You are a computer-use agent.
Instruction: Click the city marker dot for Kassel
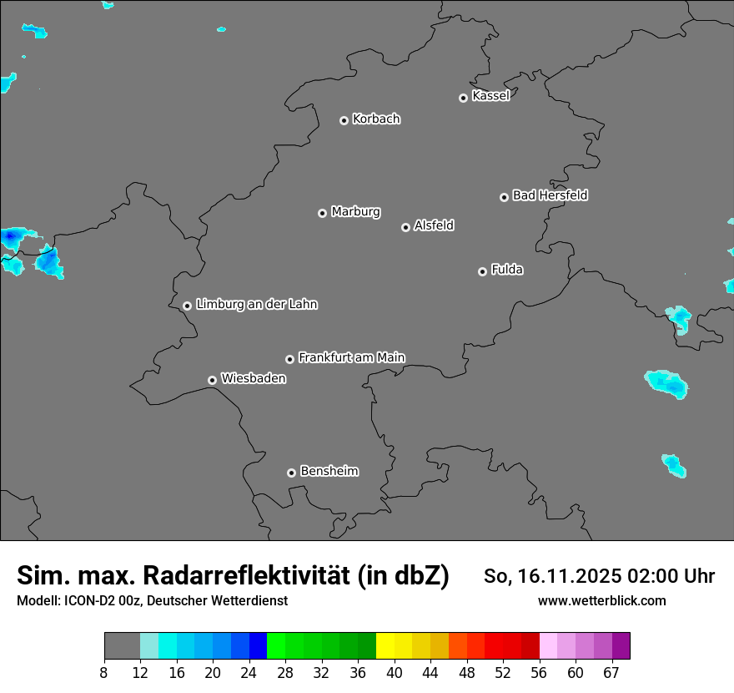463,98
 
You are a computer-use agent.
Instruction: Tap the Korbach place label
376,119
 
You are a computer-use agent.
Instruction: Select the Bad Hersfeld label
550,195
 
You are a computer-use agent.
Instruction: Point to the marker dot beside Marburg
322,213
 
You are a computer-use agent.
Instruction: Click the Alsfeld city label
434,225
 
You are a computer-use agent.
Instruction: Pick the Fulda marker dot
482,271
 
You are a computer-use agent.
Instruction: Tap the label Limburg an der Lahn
256,305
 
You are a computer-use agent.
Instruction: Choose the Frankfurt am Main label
351,357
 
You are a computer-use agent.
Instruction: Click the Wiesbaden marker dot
212,380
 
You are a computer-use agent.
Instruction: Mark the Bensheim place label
329,471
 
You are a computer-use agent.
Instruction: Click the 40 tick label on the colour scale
395,673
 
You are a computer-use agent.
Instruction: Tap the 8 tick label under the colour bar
104,673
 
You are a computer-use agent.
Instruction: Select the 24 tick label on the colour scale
249,673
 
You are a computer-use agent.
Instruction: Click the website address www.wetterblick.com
601,600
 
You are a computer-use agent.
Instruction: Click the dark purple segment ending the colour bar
621,645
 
